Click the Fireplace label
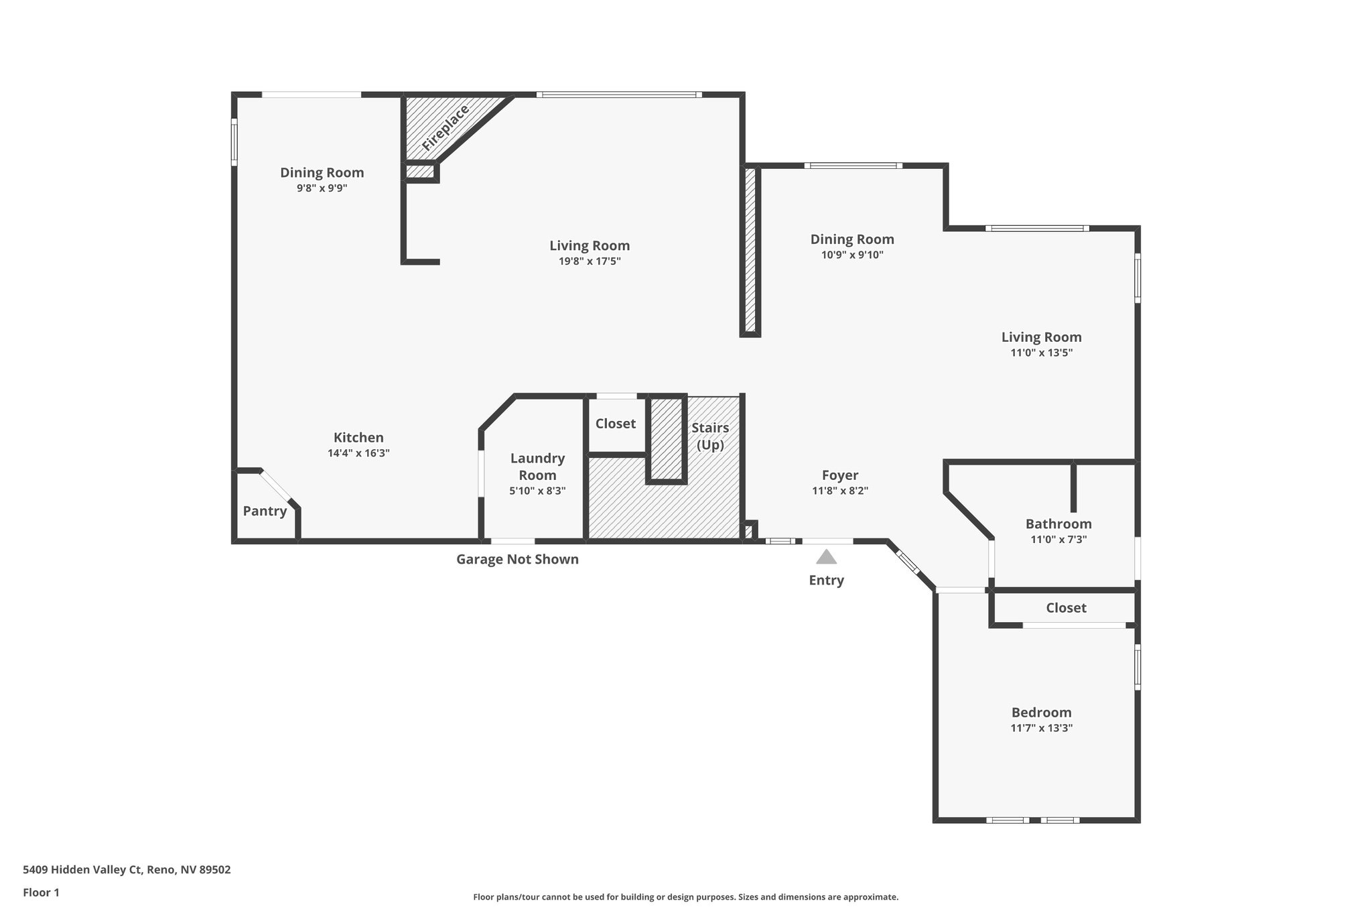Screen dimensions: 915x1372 [445, 127]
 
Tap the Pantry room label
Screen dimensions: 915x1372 [265, 511]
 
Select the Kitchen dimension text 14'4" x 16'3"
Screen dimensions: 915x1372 [358, 453]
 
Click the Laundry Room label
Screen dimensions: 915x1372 [537, 467]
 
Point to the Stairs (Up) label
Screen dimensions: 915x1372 [710, 436]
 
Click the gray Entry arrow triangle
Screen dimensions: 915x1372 [826, 557]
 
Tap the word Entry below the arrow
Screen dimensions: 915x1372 [826, 581]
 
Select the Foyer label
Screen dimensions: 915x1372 [839, 475]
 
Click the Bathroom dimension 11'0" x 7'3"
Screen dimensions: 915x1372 [1058, 540]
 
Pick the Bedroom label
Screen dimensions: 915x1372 [1041, 713]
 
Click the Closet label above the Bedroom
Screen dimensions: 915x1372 [1066, 608]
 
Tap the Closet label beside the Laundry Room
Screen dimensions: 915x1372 [615, 424]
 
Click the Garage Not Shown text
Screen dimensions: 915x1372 [517, 559]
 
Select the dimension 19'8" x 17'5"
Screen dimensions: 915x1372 [590, 261]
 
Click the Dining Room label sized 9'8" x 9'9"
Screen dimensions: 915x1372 [322, 173]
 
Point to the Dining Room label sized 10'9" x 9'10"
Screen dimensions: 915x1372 [851, 239]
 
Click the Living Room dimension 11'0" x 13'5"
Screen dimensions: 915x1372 [1041, 353]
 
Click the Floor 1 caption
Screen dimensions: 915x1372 [41, 892]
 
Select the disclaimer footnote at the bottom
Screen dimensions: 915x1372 [685, 897]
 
